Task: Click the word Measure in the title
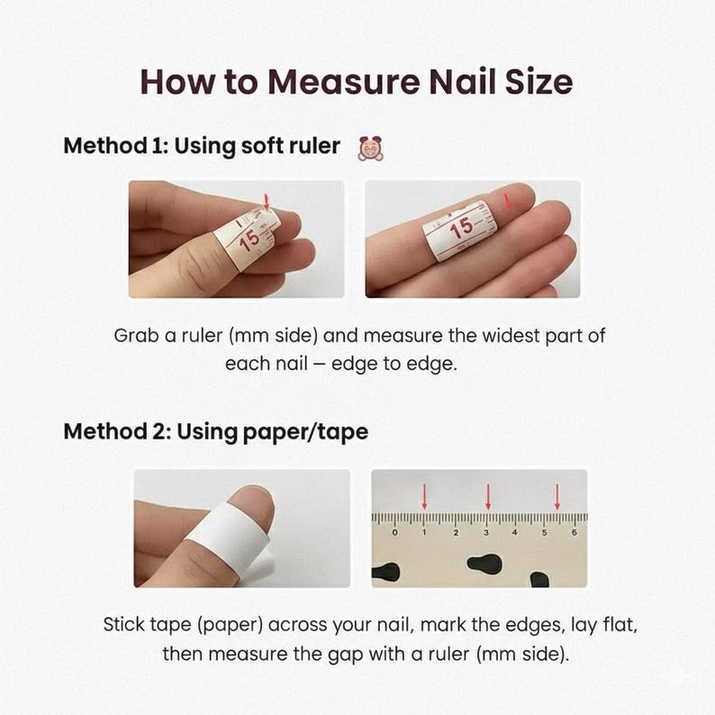pyautogui.click(x=344, y=82)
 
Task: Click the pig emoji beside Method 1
pyautogui.click(x=371, y=149)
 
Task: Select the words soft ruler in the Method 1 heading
pyautogui.click(x=291, y=146)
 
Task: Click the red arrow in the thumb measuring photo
pyautogui.click(x=267, y=202)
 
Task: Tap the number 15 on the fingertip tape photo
pyautogui.click(x=461, y=228)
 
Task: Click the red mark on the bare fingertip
pyautogui.click(x=508, y=202)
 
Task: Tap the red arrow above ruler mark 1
pyautogui.click(x=424, y=497)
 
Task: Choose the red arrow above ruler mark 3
pyautogui.click(x=488, y=497)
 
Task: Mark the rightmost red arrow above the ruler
pyautogui.click(x=557, y=497)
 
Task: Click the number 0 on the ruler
pyautogui.click(x=395, y=532)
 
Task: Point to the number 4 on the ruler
pyautogui.click(x=514, y=532)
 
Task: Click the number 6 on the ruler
pyautogui.click(x=575, y=532)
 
